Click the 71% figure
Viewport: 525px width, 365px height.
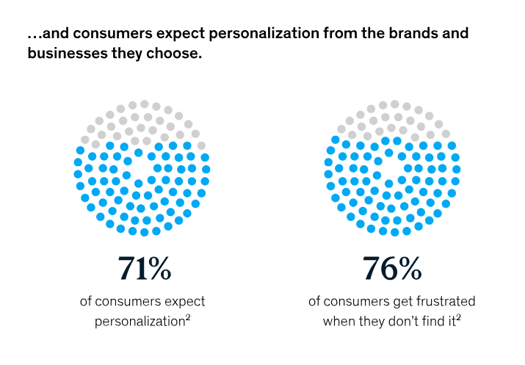click(x=145, y=270)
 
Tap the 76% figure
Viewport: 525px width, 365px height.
click(x=392, y=270)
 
